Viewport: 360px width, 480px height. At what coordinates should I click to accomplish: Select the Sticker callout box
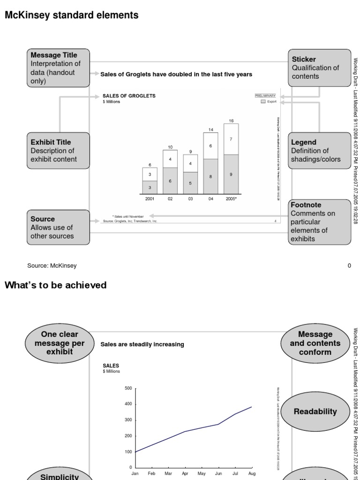tap(319, 68)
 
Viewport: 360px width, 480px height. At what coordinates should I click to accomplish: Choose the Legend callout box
tap(319, 150)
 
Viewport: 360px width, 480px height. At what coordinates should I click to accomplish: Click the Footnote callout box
tap(319, 222)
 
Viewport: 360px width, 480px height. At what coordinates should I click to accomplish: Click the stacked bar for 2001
tap(150, 181)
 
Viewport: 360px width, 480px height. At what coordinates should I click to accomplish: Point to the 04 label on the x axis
tap(211, 199)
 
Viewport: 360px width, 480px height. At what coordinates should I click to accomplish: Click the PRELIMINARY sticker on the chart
tap(265, 96)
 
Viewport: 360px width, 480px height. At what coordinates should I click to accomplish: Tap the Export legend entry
tap(269, 101)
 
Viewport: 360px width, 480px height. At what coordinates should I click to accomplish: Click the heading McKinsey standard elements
tap(71, 15)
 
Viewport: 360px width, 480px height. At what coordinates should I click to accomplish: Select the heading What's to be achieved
tap(55, 285)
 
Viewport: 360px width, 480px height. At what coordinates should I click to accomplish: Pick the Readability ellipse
tap(315, 412)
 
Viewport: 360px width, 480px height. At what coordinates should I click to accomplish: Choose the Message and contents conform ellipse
tap(315, 343)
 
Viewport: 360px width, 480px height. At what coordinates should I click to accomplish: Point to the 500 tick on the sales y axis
tap(128, 388)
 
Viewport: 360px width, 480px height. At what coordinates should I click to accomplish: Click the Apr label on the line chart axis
tap(185, 474)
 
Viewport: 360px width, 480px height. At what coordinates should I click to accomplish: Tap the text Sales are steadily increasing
tap(142, 345)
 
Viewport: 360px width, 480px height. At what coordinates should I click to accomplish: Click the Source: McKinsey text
tap(52, 266)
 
